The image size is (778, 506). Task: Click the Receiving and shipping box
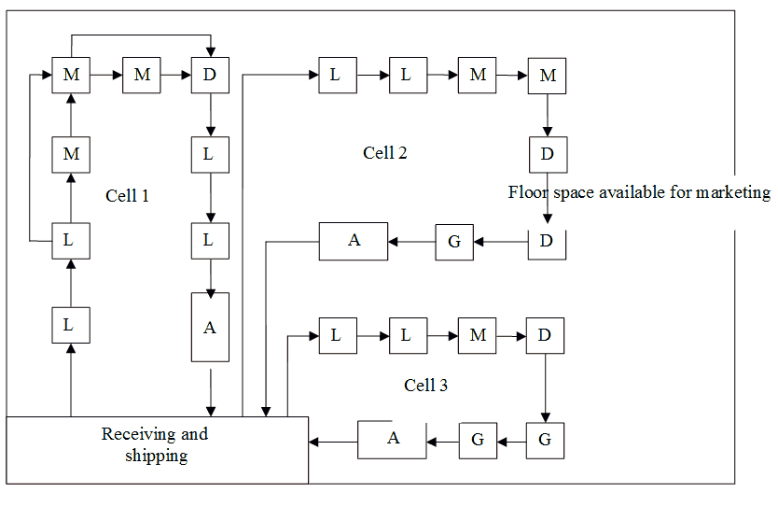point(157,449)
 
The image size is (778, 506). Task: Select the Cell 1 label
point(128,196)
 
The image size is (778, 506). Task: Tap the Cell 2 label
point(384,152)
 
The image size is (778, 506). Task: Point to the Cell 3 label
point(425,385)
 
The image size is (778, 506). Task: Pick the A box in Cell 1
point(209,327)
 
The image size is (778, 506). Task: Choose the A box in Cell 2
point(354,241)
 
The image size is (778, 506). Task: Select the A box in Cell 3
point(393,439)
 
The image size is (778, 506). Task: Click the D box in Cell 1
point(208,76)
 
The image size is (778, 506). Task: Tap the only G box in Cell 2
point(454,242)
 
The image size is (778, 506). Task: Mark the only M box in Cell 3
point(477,335)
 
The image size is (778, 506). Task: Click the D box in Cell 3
point(545,335)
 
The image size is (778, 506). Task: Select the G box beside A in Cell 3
point(477,440)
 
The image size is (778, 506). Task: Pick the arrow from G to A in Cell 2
point(411,242)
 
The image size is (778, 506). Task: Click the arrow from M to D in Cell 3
point(510,335)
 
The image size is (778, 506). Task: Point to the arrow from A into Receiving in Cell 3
point(333,440)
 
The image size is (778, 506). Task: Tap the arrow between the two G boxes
point(510,440)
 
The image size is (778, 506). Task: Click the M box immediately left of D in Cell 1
point(142,76)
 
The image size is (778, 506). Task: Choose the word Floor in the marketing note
point(525,192)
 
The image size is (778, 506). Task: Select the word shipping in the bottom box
point(157,457)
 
